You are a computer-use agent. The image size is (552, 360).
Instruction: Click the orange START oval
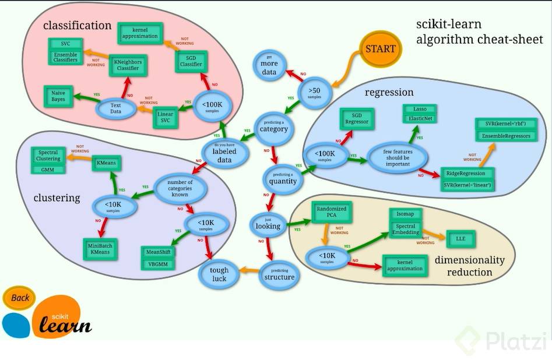(380, 48)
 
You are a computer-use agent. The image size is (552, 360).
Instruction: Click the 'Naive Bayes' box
(58, 96)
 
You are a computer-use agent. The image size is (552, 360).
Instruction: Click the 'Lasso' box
(419, 109)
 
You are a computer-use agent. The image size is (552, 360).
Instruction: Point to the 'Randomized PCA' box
(331, 211)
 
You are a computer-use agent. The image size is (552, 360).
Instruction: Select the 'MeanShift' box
(159, 252)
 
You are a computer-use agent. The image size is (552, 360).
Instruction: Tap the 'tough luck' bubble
(220, 274)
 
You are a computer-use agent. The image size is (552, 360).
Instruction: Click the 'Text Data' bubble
(116, 108)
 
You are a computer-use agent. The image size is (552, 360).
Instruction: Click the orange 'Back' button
(20, 298)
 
